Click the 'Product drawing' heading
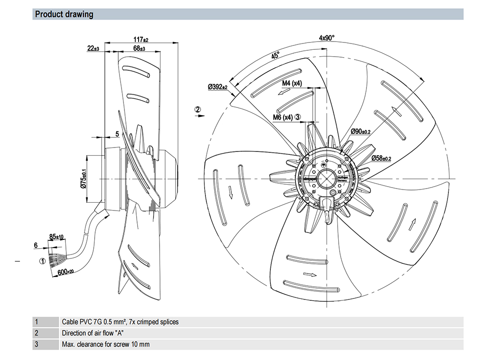(64, 14)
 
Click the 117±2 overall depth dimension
(140, 39)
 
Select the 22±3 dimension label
(93, 48)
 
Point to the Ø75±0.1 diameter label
(83, 178)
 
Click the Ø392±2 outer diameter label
(218, 87)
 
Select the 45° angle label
(275, 56)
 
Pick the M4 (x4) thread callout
(292, 84)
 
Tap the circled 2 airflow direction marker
(198, 109)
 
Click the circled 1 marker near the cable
(42, 261)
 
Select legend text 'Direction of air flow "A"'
(93, 333)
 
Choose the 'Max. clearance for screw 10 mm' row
(105, 344)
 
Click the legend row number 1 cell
(36, 322)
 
